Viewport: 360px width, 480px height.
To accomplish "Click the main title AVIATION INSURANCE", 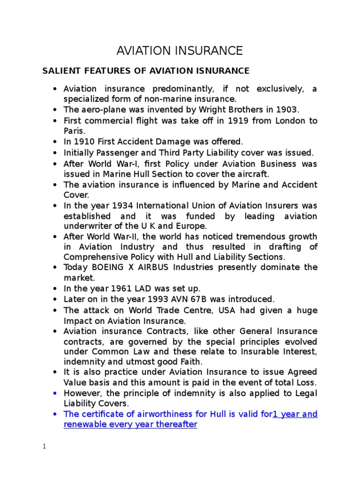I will (x=180, y=51).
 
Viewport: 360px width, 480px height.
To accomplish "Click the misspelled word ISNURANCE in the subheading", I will (x=223, y=71).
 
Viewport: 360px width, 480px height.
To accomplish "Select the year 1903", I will (x=286, y=110).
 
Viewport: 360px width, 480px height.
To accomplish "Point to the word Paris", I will (x=74, y=131).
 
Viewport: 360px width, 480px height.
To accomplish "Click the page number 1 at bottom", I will (x=44, y=446).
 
